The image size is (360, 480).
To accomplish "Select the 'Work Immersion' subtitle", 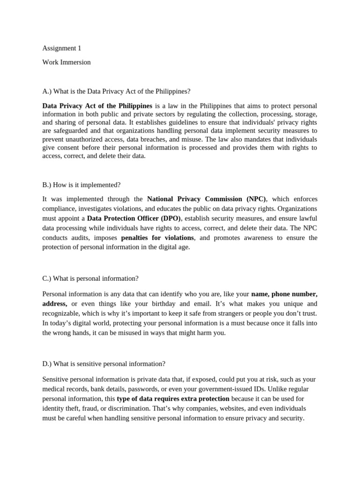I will (66, 62).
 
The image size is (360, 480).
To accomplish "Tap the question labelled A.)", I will (116, 91).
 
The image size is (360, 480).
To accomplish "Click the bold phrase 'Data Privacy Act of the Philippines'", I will (97, 105).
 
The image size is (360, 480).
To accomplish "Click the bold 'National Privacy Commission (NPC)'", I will (207, 199).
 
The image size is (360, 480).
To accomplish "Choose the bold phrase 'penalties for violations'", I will (157, 238).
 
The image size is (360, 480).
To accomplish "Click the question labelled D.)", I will (104, 364).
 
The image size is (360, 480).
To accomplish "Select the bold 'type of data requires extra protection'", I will (173, 398).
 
